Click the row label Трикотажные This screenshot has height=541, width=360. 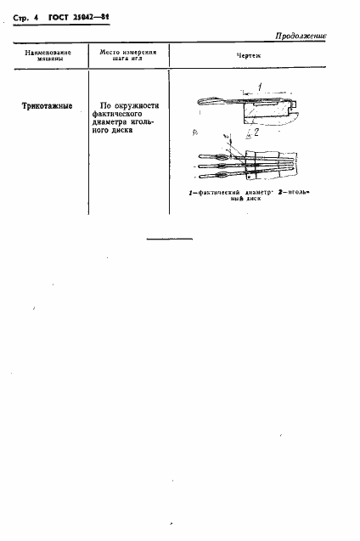(x=47, y=108)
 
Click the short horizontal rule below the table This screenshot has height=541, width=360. (x=169, y=241)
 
